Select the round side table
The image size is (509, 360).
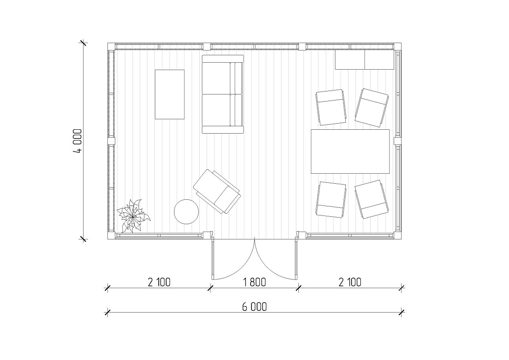[186, 212]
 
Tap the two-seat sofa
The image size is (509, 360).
[223, 94]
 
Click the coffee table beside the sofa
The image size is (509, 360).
[170, 94]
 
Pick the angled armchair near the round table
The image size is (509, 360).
[217, 192]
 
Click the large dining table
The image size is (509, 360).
[350, 151]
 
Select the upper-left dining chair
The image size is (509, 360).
[331, 107]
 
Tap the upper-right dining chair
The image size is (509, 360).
[372, 108]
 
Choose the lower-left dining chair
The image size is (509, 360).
[331, 199]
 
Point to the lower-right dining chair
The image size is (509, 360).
[372, 199]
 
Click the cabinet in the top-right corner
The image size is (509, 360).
[365, 60]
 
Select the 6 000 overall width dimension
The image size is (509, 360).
[254, 307]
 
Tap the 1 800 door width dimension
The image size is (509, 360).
[254, 282]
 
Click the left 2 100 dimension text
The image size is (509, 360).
[159, 282]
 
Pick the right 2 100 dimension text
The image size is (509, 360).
[350, 282]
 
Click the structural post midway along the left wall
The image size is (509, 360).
[112, 141]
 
